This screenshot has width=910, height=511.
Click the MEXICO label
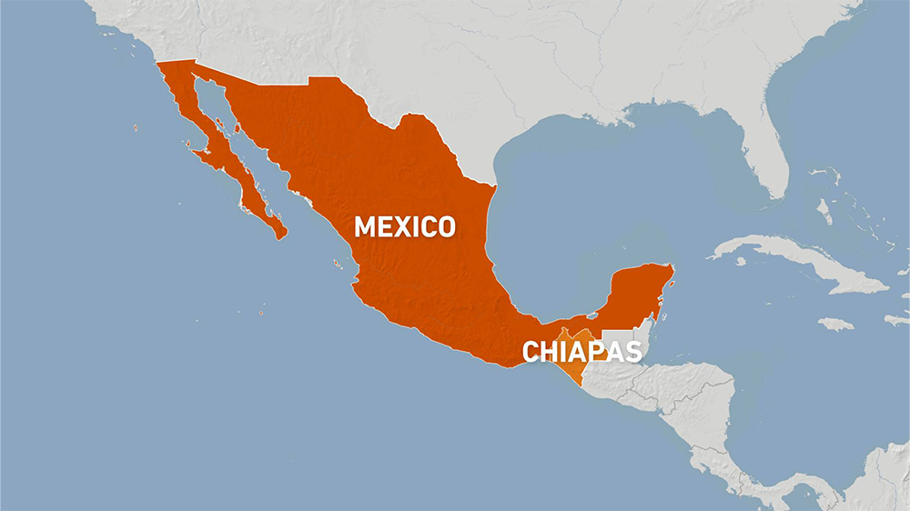click(x=404, y=226)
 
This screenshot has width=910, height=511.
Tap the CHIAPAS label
click(x=581, y=352)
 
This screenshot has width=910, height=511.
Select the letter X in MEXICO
click(x=411, y=226)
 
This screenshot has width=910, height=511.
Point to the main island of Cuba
click(x=801, y=264)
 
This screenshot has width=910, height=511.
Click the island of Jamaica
click(x=835, y=324)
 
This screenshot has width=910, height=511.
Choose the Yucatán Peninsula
click(x=642, y=291)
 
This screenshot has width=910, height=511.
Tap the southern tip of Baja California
click(x=281, y=235)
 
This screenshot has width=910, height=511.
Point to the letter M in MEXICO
click(x=365, y=226)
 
